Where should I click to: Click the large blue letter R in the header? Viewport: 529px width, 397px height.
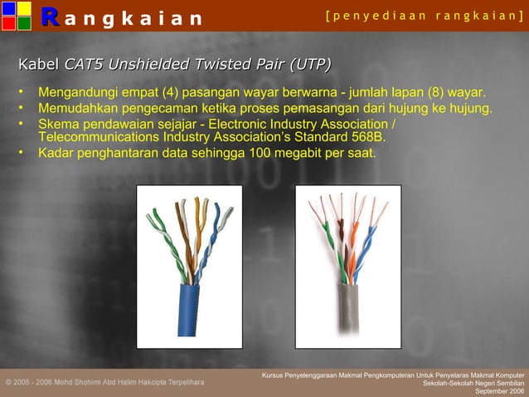49,17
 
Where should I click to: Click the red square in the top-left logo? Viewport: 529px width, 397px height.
7,23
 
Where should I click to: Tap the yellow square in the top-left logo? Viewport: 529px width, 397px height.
23,8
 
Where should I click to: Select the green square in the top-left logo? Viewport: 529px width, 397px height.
23,23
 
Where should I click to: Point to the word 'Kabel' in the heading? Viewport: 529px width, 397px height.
39,65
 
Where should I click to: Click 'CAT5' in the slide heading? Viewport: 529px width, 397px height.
84,65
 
